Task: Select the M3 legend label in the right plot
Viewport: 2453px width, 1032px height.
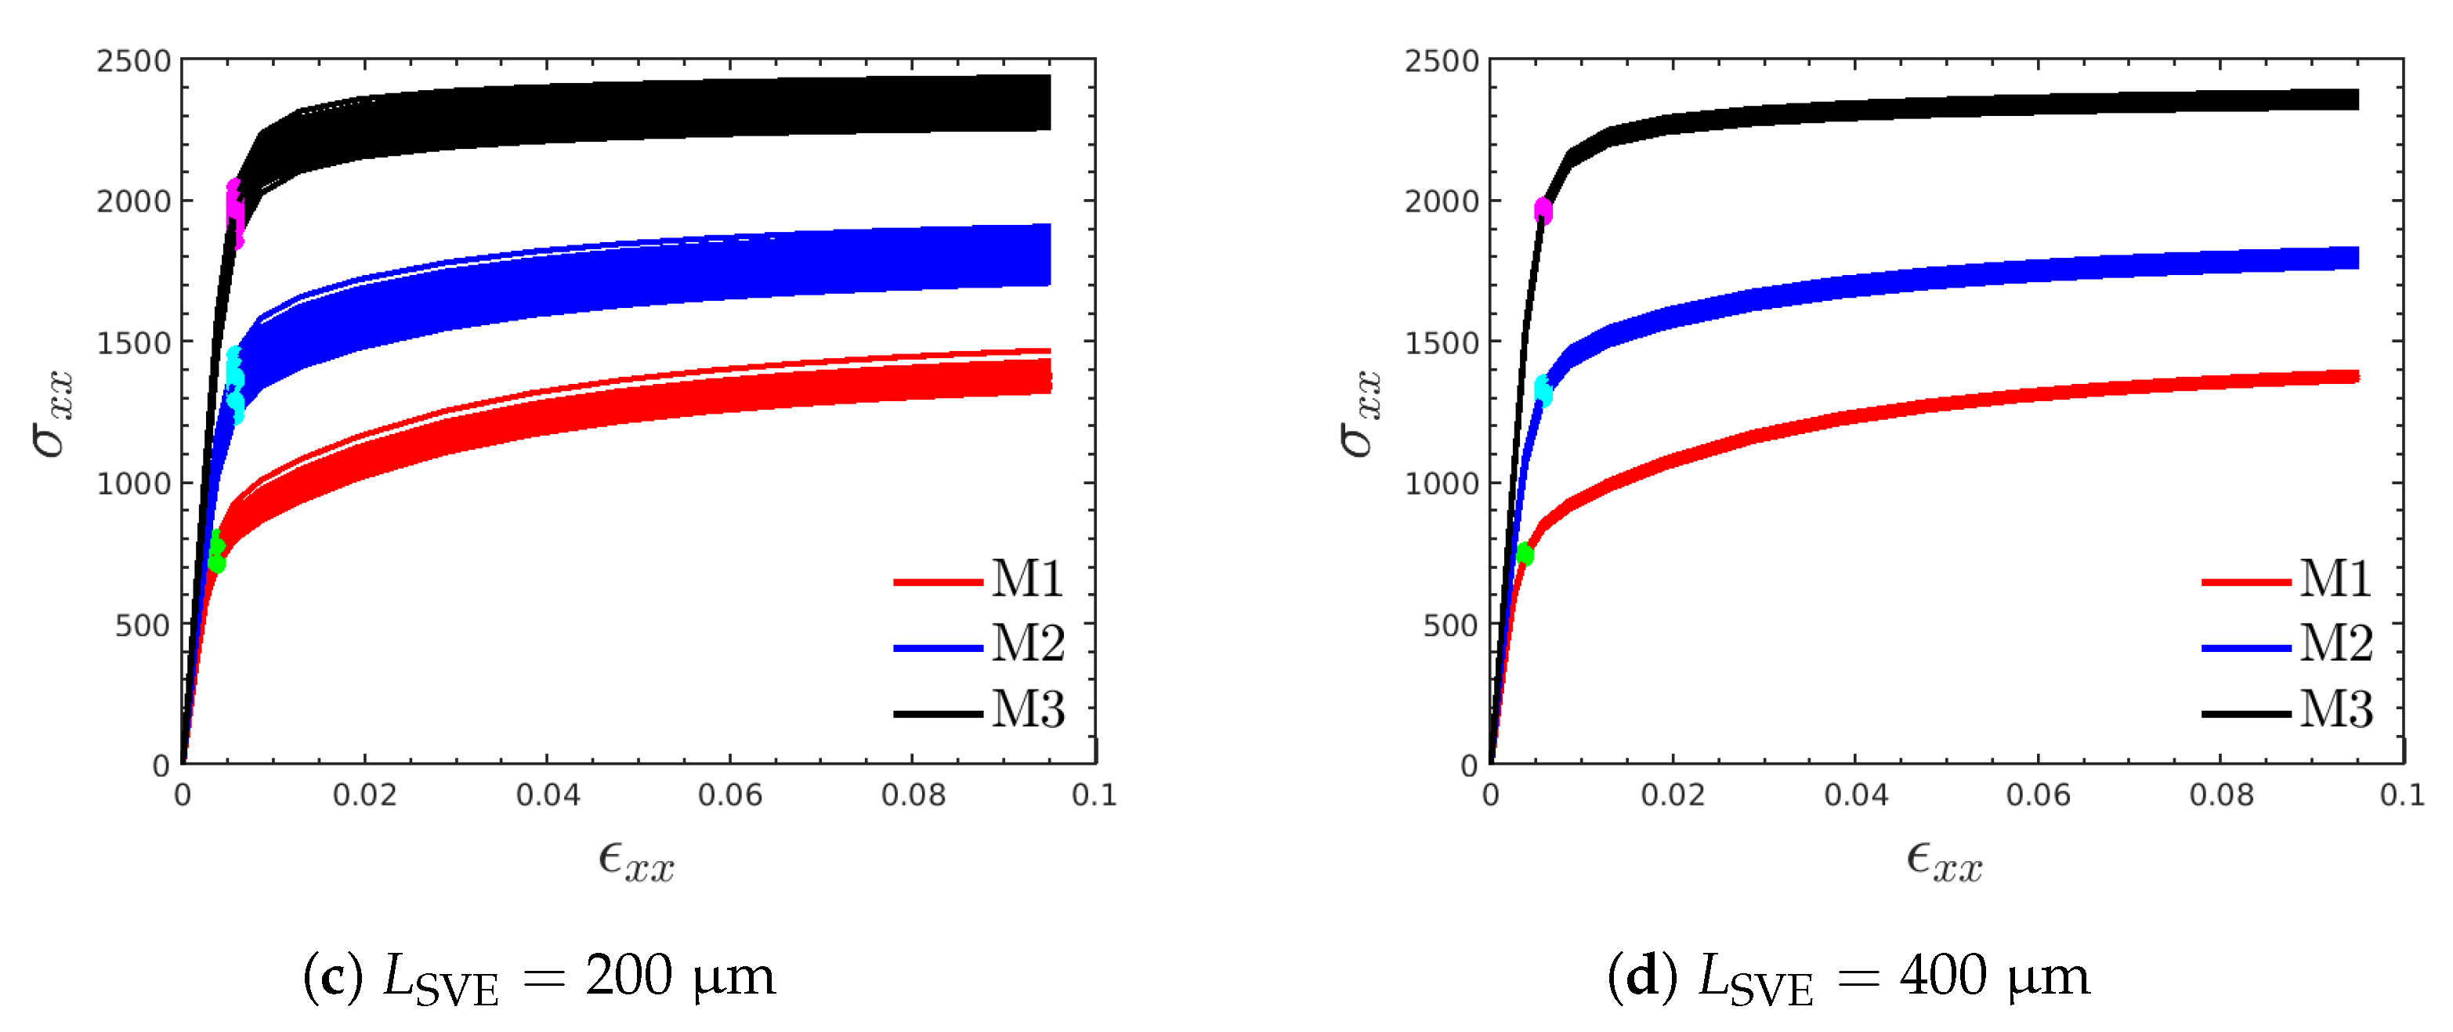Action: point(2335,709)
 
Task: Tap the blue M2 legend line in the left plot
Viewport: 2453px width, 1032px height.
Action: point(937,647)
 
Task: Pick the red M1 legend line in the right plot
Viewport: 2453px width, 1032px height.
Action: point(2245,581)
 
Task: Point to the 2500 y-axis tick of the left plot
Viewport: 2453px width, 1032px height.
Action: point(133,62)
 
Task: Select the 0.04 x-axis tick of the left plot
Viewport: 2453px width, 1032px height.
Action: point(548,795)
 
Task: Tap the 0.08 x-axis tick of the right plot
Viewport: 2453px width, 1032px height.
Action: point(2220,795)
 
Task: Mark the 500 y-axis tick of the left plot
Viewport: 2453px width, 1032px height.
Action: point(142,625)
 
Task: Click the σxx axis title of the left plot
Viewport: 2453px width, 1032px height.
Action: point(52,415)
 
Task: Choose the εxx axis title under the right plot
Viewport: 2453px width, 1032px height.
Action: point(1945,862)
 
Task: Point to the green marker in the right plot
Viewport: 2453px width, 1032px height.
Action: point(1525,554)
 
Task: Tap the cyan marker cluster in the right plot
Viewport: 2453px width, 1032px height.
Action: point(1543,389)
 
